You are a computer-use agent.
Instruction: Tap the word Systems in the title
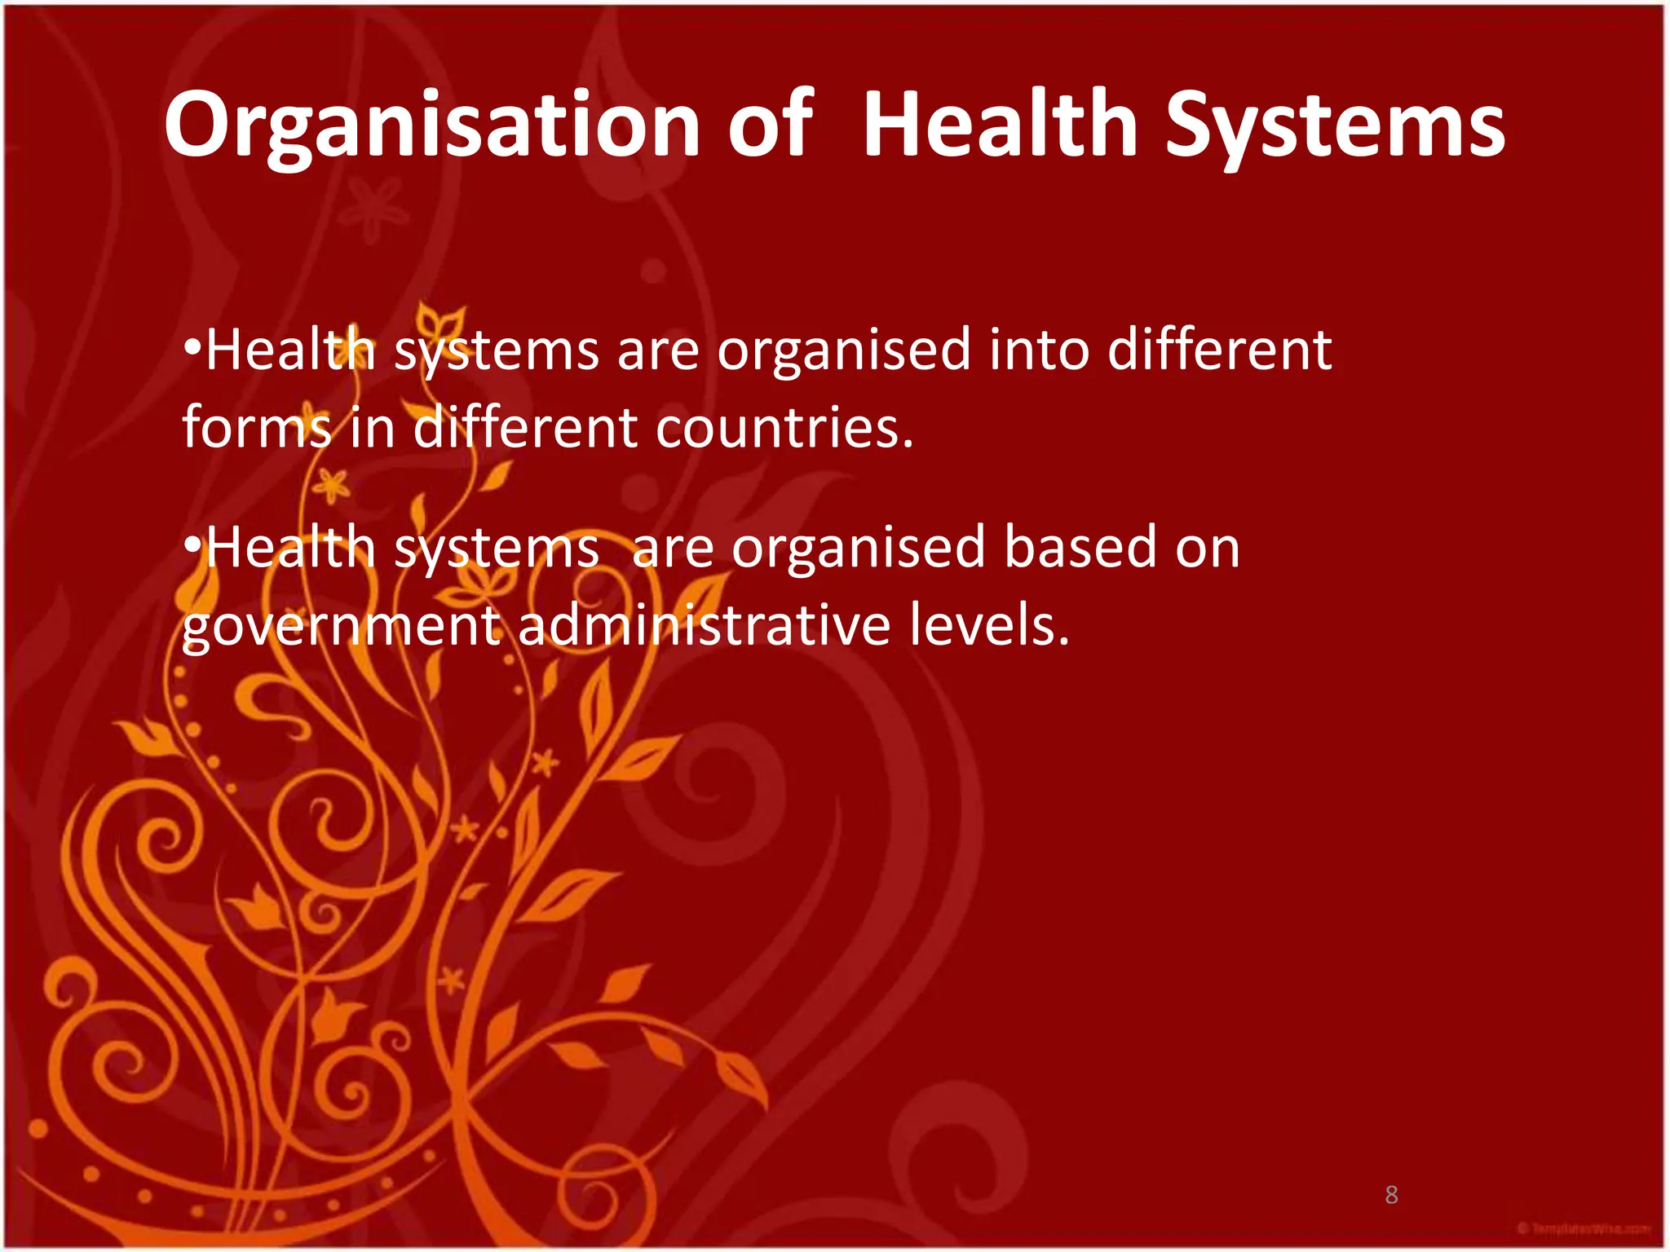click(x=1335, y=126)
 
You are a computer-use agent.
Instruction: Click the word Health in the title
click(x=999, y=126)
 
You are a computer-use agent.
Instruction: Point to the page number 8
click(x=1391, y=1196)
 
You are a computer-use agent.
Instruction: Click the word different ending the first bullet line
click(x=1219, y=350)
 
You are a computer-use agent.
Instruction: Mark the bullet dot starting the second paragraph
click(x=192, y=544)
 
